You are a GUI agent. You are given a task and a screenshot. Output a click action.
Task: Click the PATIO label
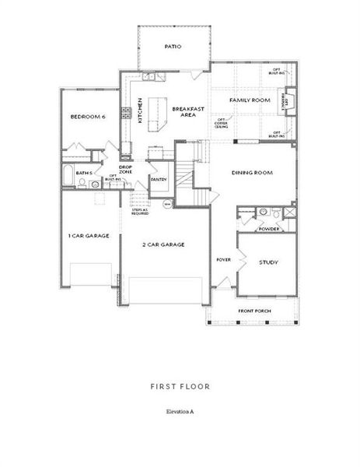coord(173,47)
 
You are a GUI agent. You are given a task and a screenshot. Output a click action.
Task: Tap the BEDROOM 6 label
coord(87,117)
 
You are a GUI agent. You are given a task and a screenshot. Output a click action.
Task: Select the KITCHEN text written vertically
coord(140,111)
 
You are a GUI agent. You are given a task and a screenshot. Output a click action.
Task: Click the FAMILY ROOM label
coord(249,101)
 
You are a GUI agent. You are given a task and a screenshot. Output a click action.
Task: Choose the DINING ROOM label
coord(252,173)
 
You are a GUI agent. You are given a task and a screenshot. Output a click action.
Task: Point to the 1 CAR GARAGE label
coord(89,235)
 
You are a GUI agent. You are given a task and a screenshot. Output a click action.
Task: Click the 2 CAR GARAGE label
coord(163,244)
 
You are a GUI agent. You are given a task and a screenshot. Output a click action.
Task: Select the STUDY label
coord(268,262)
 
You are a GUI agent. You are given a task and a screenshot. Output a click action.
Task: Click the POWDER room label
coord(269,229)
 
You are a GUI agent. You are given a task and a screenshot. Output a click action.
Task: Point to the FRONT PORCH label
coord(254,311)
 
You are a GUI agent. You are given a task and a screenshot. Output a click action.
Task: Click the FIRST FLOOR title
coord(180,385)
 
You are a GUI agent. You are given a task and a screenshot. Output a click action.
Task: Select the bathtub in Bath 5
coord(68,176)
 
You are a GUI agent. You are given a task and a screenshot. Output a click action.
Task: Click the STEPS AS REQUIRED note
coord(140,211)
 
